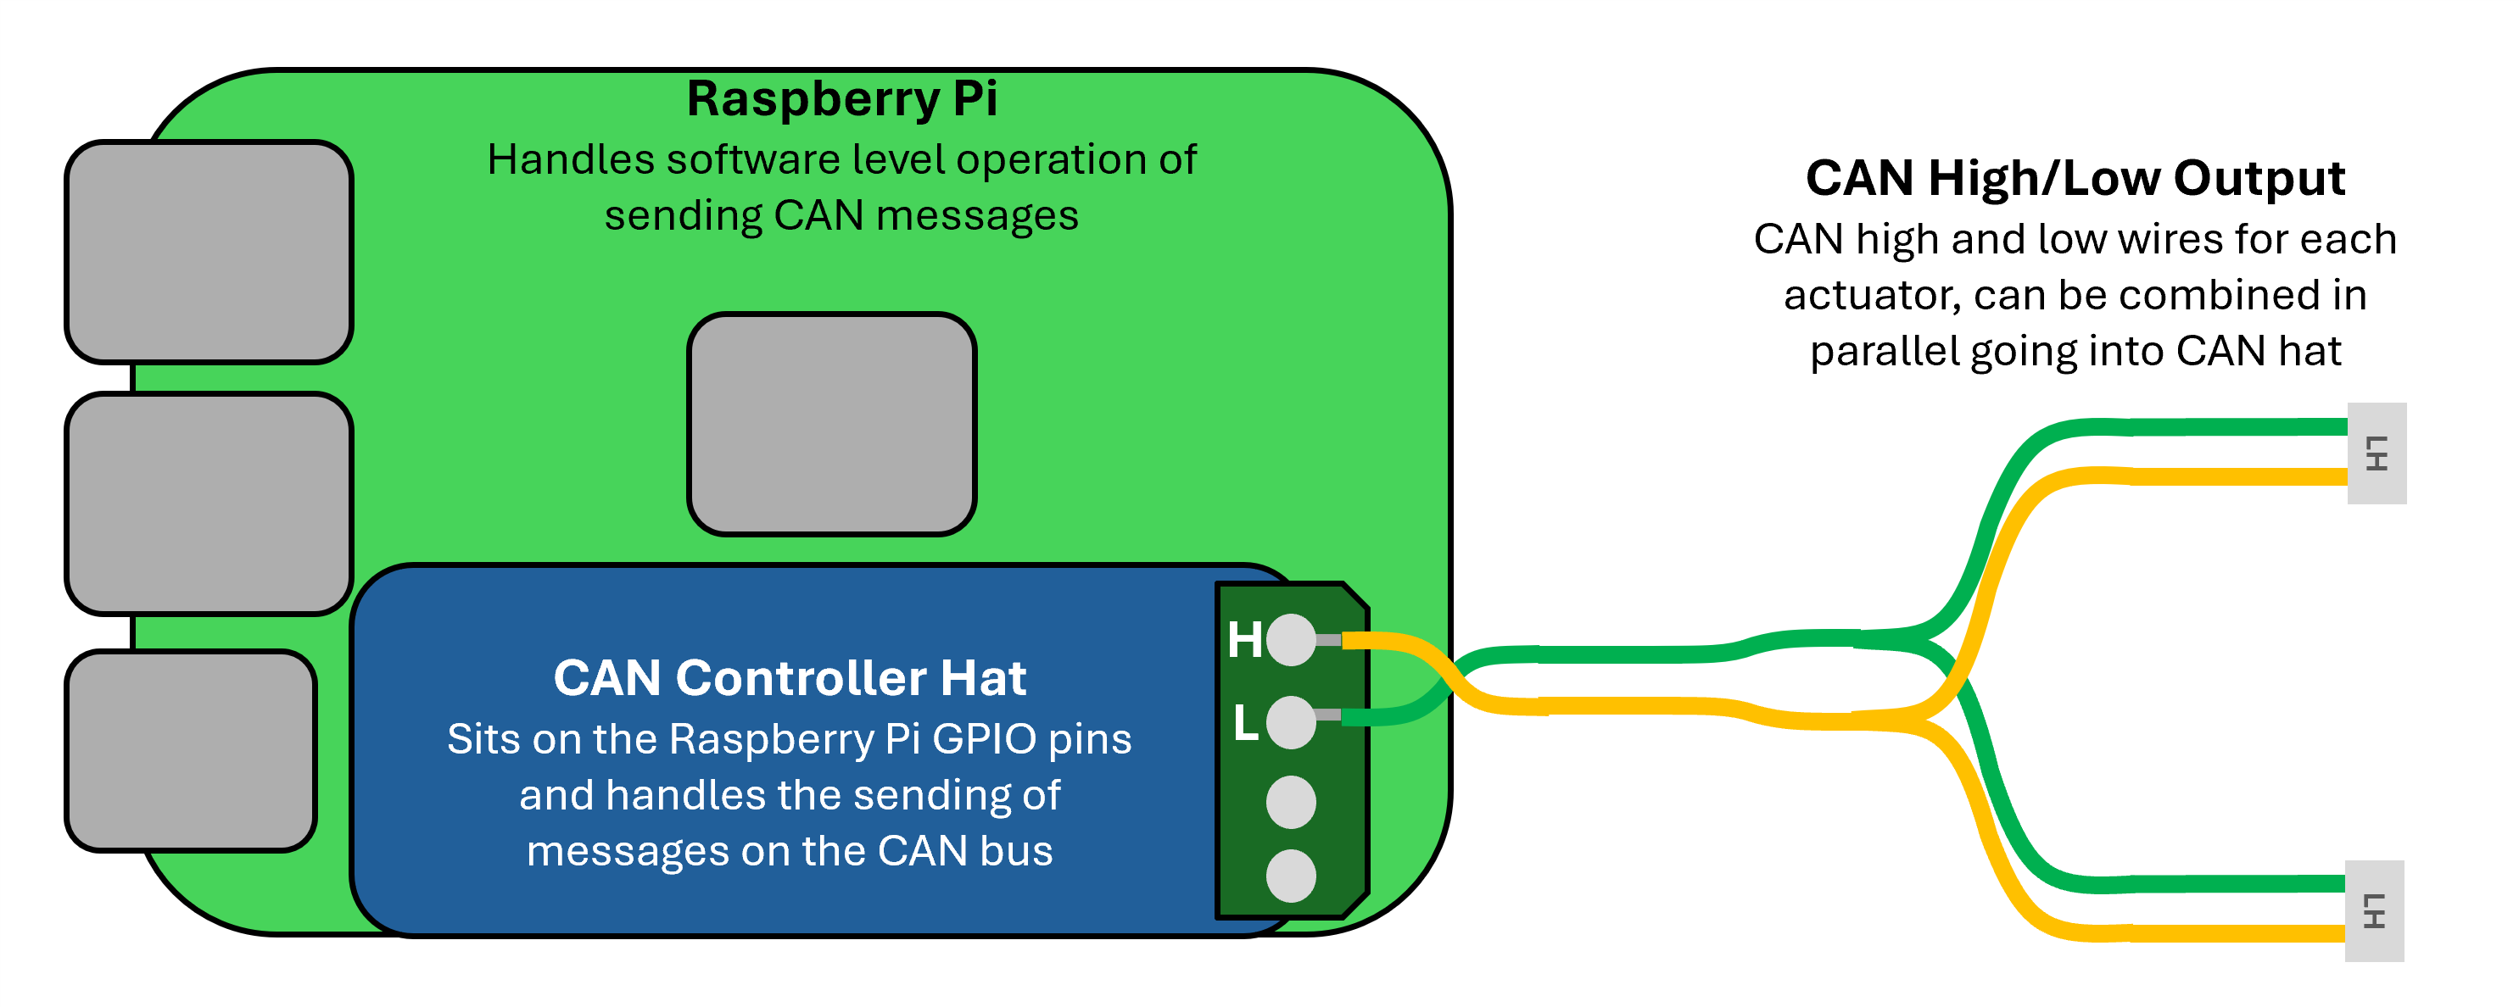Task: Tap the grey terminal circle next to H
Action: [x=1291, y=640]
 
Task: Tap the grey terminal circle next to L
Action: [x=1291, y=722]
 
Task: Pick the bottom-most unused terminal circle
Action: [x=1291, y=876]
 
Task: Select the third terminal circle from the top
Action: [x=1291, y=803]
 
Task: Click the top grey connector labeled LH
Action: [x=2377, y=453]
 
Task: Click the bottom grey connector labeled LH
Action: [x=2374, y=911]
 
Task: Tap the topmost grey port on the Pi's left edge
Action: [x=209, y=253]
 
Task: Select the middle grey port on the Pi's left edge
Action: [x=209, y=503]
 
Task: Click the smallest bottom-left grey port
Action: [x=191, y=751]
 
